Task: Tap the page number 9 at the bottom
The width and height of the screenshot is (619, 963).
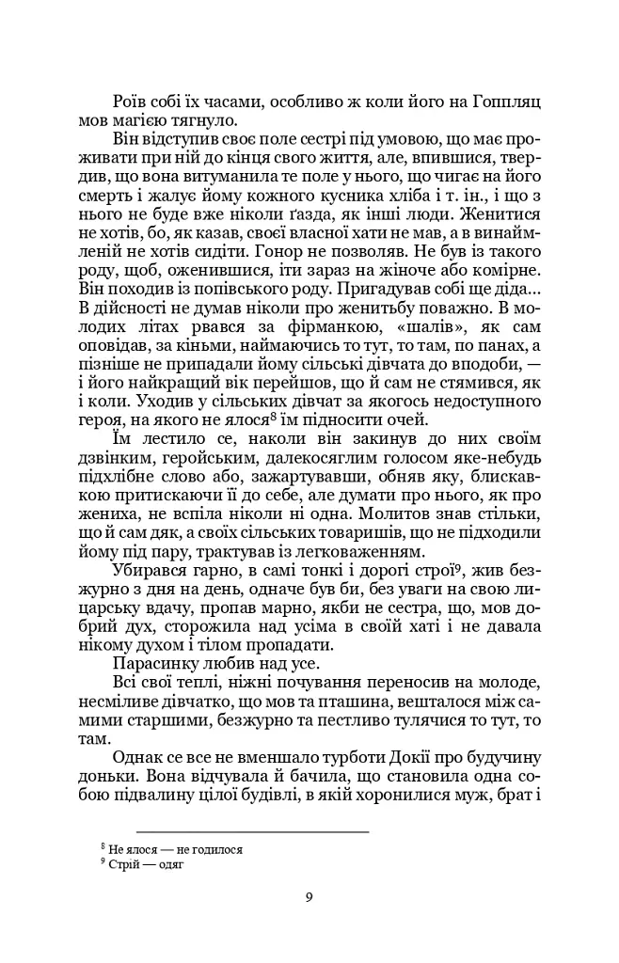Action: pyautogui.click(x=309, y=896)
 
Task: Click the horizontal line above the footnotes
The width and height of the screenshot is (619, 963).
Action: pyautogui.click(x=252, y=831)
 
